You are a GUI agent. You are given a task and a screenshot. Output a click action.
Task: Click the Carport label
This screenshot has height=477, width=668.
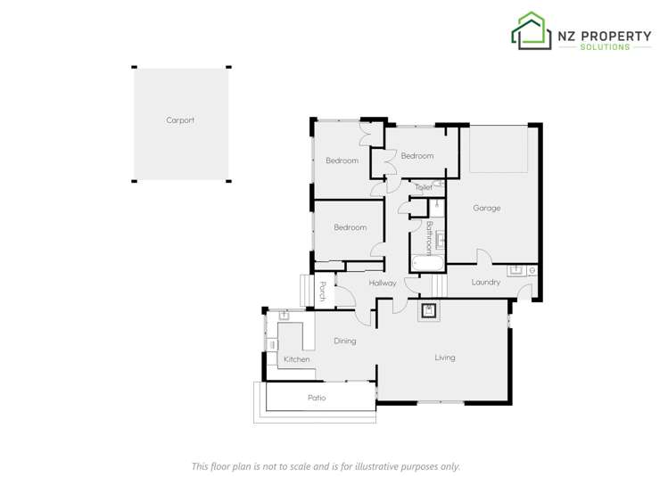[x=179, y=120]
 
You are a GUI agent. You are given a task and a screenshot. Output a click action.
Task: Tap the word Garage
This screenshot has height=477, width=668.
[x=486, y=208]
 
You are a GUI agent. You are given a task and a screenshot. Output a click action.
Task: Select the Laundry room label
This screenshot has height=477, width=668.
[x=485, y=283]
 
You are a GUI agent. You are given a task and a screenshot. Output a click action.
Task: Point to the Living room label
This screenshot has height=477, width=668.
[x=444, y=358]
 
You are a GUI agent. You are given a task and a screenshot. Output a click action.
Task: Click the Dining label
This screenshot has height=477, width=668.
[x=344, y=341]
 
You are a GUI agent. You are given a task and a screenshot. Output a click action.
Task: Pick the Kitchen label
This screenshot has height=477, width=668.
[x=296, y=359]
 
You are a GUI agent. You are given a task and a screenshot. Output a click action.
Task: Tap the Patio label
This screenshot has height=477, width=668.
[x=316, y=398]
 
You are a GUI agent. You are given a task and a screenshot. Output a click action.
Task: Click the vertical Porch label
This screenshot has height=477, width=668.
[x=322, y=290]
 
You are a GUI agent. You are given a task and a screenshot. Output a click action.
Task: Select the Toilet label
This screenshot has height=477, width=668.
[x=424, y=188]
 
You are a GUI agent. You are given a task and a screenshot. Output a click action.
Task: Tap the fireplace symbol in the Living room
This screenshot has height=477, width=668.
[x=429, y=311]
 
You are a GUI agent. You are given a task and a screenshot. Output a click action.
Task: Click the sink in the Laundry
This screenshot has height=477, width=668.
[x=516, y=269]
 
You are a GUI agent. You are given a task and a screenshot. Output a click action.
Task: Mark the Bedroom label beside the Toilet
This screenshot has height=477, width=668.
[x=416, y=156]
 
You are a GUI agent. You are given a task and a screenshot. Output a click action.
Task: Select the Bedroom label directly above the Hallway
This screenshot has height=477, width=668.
[x=350, y=227]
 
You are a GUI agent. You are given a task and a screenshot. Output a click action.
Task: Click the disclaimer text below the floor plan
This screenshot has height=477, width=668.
[x=326, y=465]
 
